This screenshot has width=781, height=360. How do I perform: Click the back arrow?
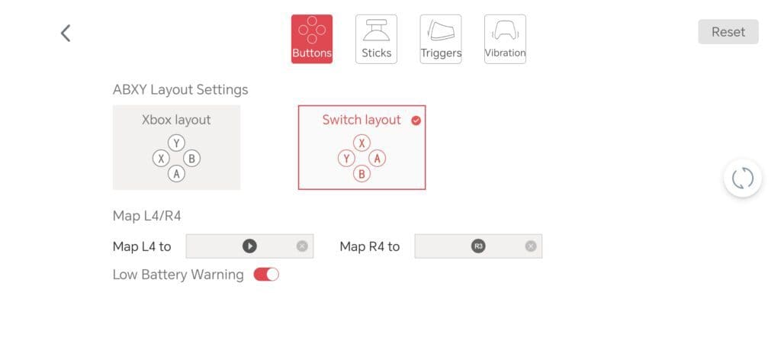coord(66,34)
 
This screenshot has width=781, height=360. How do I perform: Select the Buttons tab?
coord(312,40)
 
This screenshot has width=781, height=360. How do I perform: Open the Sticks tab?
coord(376,40)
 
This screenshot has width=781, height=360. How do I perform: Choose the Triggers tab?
coord(441,40)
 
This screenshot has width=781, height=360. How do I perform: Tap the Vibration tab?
coord(505,40)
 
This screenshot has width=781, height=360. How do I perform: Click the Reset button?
coord(728,32)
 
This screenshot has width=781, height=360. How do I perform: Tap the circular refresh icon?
coord(743,178)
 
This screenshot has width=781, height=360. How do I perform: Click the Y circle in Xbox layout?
coord(176,143)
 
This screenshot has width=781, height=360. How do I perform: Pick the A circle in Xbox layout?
coord(176,174)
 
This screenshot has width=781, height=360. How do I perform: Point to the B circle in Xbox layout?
coord(191,159)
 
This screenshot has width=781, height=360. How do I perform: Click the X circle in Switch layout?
coord(362,143)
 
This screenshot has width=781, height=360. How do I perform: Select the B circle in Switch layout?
coord(362,174)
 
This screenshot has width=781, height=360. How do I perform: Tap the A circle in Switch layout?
coord(378,159)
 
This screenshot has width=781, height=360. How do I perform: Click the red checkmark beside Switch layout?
coord(416,121)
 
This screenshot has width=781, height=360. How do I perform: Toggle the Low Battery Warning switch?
coord(266,275)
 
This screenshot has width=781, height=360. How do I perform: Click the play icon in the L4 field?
coord(249,246)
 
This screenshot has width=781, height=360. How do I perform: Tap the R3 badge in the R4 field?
coord(478,246)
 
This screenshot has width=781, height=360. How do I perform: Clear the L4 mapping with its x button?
coord(302,246)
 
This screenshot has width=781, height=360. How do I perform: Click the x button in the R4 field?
coord(531,246)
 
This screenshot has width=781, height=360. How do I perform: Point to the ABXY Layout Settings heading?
coord(180,90)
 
